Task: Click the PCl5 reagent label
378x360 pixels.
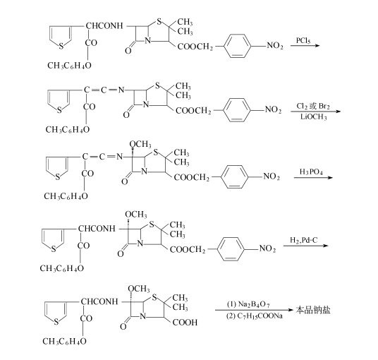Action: coord(303,40)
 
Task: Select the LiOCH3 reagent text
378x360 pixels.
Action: coord(314,117)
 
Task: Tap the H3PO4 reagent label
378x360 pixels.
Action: coord(311,172)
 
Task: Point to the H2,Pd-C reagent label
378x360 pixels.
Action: coord(304,240)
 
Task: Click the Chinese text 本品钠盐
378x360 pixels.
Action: coord(313,310)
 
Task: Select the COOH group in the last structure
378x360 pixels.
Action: coord(185,323)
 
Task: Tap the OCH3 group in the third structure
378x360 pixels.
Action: coord(140,144)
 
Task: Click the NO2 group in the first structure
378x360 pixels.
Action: coord(275,45)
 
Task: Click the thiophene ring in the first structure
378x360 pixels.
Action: coord(61,37)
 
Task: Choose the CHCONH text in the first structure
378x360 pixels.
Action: coord(104,26)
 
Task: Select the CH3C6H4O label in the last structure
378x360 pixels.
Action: coord(64,341)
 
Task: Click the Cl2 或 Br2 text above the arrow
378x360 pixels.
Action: coord(313,106)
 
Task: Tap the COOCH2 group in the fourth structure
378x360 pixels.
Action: coord(188,249)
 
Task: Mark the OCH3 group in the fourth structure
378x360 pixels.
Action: coord(136,215)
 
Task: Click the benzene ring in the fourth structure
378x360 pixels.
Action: coord(231,249)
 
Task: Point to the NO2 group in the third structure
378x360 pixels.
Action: coord(272,176)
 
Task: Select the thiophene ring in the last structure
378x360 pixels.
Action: coord(55,313)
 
